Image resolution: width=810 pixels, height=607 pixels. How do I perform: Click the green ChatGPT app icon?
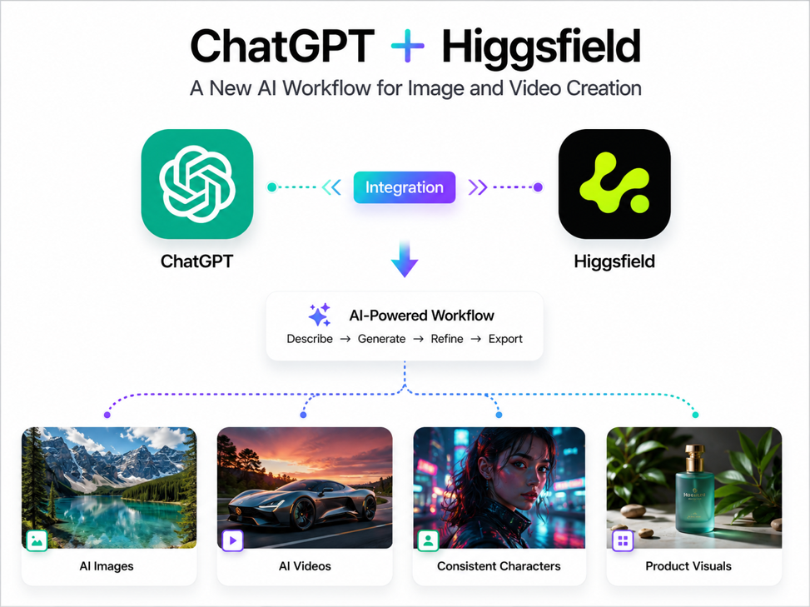196,184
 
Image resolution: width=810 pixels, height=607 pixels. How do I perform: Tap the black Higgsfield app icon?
614,184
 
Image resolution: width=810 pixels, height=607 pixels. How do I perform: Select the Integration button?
405,187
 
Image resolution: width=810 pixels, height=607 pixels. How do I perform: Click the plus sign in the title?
408,46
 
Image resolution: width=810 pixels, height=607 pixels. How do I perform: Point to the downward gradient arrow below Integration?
405,258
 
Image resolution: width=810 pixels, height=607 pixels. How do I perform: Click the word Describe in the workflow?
310,339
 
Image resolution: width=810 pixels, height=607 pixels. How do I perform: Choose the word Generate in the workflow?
382,339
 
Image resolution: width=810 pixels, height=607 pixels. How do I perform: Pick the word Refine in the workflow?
447,339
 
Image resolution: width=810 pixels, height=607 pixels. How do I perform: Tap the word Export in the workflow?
505,339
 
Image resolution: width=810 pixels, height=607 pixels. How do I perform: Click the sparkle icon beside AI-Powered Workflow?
319,315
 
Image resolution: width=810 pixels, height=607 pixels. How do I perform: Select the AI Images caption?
107,566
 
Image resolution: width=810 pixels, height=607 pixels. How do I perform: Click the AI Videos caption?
305,566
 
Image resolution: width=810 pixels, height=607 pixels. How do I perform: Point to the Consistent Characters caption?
499,566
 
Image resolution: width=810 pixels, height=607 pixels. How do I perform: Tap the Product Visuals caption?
688,566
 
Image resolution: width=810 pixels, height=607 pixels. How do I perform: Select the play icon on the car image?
232,540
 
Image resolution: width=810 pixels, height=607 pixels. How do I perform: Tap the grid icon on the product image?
623,540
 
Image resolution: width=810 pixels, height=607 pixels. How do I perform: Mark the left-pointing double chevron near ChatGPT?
331,187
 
